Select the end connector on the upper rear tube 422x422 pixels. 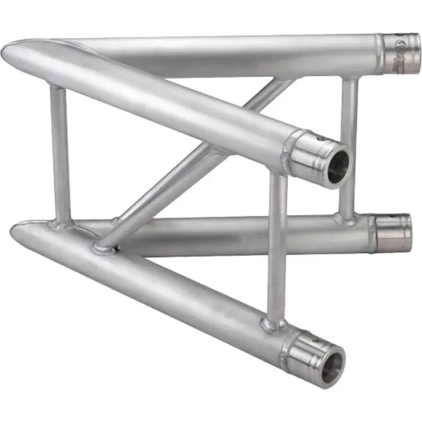pyautogui.click(x=402, y=53)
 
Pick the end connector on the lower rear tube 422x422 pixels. pyautogui.click(x=393, y=233)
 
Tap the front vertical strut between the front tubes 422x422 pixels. pyautogui.click(x=276, y=243)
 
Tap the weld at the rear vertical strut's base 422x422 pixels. pyautogui.click(x=346, y=218)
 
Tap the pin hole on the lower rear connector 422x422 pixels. pyautogui.click(x=391, y=216)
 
